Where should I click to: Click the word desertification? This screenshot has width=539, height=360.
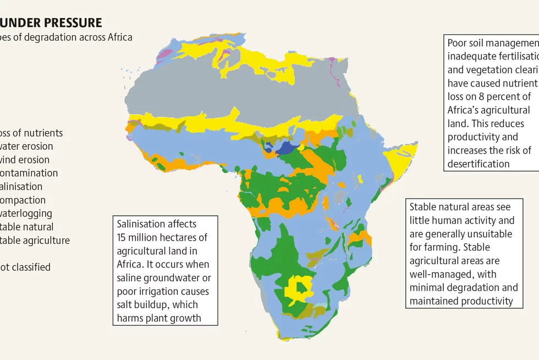pyautogui.click(x=479, y=163)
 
